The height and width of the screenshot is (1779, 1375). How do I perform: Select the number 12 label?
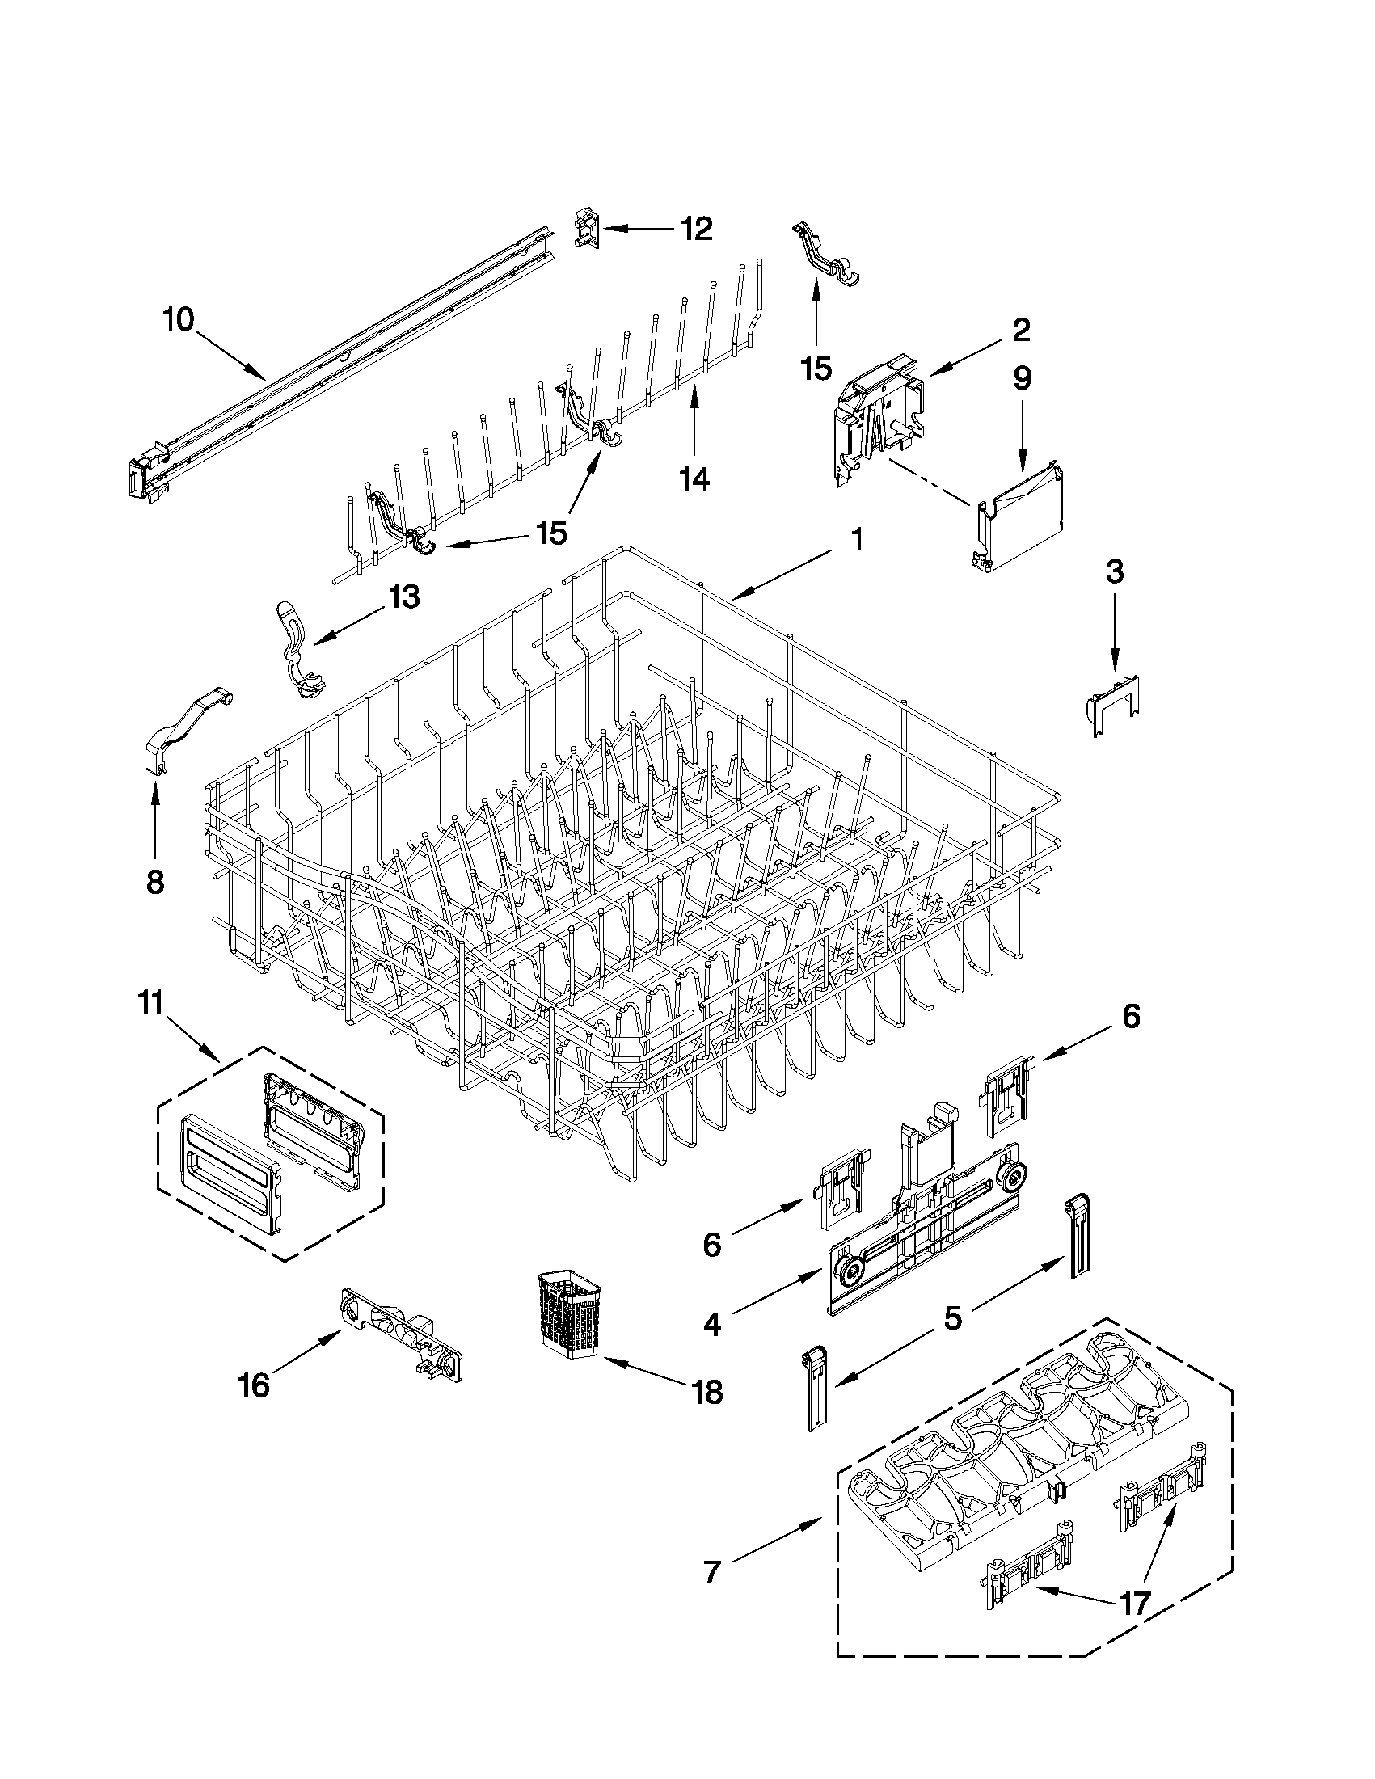pos(696,230)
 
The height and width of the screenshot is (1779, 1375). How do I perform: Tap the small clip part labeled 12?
pos(587,227)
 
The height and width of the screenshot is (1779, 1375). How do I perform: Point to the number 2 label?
pos(1021,330)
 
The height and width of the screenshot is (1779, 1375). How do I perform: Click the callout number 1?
pos(856,540)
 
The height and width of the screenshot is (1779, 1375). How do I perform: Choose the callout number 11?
pos(150,1003)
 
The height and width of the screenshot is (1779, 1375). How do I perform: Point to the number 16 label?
pos(254,1384)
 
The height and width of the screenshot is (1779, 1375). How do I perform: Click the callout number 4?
pos(712,1326)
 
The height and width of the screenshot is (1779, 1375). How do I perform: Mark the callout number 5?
pos(952,1317)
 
